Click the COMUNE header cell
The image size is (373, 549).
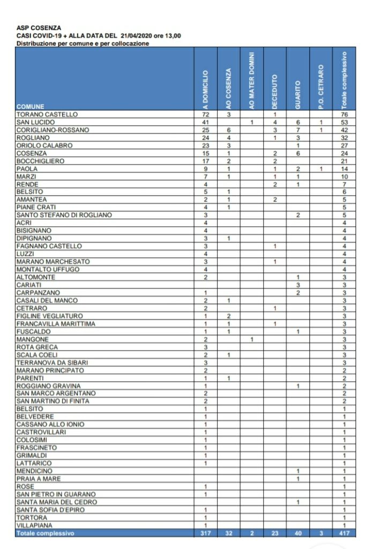(x=31, y=107)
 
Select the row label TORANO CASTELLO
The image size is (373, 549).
(x=47, y=114)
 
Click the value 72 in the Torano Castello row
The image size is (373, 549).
(x=205, y=114)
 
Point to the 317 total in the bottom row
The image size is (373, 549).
(x=205, y=533)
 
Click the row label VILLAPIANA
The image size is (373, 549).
(x=35, y=525)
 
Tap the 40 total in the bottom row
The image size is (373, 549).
(x=298, y=533)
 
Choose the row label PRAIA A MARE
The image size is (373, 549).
(x=39, y=479)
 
